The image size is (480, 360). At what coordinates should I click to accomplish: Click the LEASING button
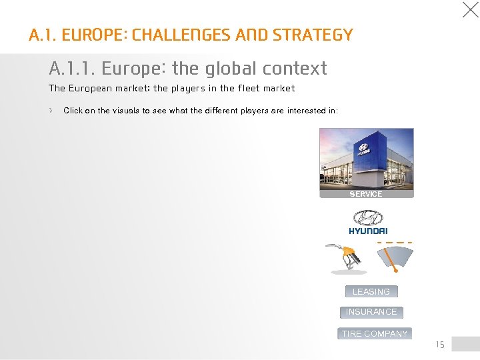click(371, 291)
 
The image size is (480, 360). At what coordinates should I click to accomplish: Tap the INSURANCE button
click(371, 311)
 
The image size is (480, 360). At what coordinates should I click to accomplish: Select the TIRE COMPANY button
click(374, 333)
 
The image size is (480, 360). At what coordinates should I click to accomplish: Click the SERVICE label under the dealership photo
click(366, 194)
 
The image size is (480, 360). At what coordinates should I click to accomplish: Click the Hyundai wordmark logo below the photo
click(367, 231)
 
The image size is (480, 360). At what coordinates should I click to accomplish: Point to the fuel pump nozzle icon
click(347, 257)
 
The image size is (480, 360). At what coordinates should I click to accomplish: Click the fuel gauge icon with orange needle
click(395, 257)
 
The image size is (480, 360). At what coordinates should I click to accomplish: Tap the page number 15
click(439, 345)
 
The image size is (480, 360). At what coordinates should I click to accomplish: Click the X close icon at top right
click(470, 10)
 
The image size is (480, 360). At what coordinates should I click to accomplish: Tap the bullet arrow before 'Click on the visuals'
click(51, 110)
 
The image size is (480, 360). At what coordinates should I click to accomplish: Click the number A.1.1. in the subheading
click(72, 68)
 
